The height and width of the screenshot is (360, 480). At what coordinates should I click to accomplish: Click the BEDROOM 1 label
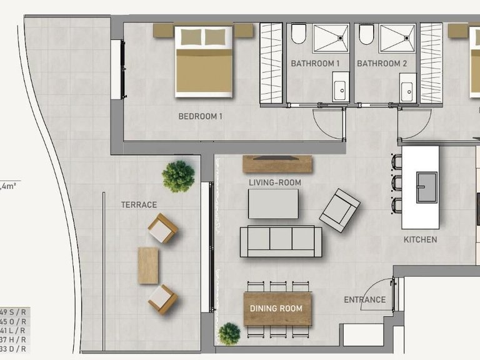[200, 116]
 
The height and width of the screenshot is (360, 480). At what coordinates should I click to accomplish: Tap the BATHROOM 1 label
[315, 64]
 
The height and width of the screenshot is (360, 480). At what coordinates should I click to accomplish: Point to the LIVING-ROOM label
[275, 182]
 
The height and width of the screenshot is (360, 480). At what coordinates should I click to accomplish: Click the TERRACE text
[139, 204]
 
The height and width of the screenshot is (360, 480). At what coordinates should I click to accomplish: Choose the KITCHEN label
[420, 239]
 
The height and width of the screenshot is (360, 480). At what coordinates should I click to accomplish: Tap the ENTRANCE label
[364, 300]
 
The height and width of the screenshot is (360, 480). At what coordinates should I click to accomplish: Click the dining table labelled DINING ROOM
[276, 309]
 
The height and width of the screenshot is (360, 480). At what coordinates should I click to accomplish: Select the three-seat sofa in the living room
[281, 241]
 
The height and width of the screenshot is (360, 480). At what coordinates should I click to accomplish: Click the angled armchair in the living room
[339, 210]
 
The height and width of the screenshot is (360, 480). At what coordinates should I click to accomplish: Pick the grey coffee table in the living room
[273, 204]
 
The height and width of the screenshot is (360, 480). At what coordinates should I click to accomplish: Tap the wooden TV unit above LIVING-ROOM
[277, 164]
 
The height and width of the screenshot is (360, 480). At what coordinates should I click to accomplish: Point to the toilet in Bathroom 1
[299, 34]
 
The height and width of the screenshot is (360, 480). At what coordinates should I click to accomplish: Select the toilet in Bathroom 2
[367, 34]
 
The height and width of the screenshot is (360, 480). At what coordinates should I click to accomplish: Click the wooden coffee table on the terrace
[148, 265]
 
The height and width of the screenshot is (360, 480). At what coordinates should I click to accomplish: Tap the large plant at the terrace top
[178, 176]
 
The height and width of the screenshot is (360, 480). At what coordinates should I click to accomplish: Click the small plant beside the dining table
[229, 334]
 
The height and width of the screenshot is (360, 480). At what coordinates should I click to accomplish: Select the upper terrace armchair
[163, 228]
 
